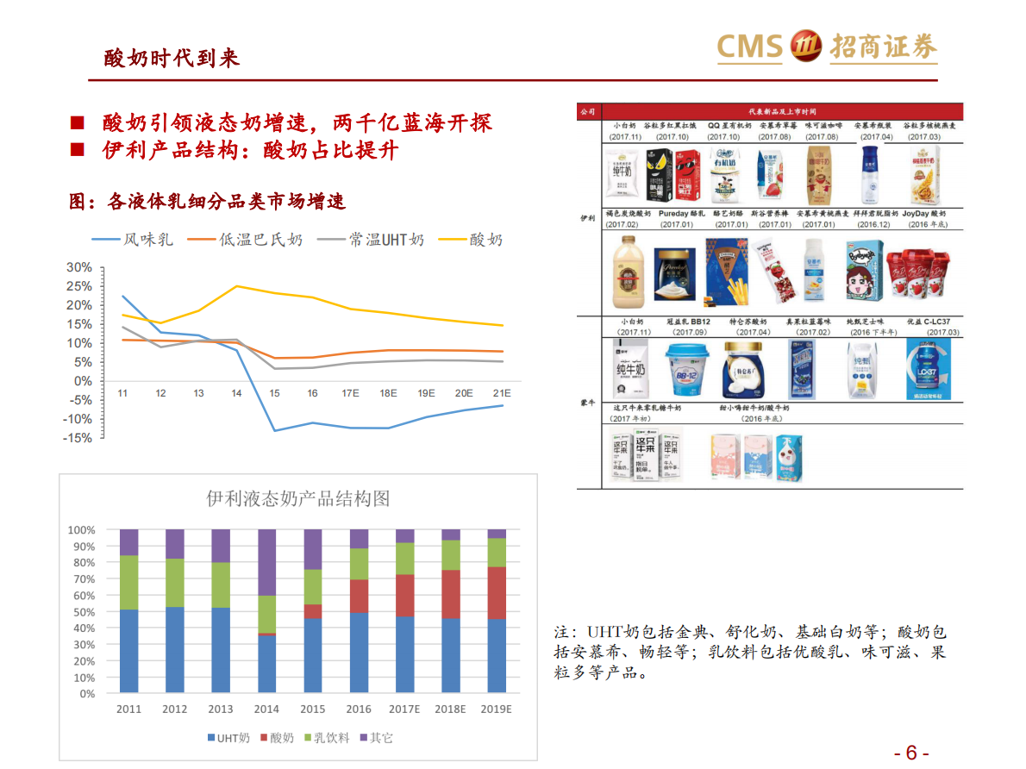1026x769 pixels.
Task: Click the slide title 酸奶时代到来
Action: pos(171,58)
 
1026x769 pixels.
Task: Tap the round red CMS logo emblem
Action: pos(805,46)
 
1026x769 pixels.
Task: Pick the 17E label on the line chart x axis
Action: pos(350,393)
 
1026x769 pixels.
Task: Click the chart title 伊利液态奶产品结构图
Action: pos(297,498)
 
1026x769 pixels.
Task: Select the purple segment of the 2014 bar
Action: pos(266,562)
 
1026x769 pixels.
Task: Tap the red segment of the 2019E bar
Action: pos(497,592)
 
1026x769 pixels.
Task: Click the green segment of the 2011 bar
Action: pos(128,582)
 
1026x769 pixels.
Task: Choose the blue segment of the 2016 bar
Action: pos(359,653)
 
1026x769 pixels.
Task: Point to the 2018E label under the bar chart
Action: pos(450,710)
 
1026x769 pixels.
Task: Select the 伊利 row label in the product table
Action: pos(587,218)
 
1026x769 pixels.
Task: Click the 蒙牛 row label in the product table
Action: pos(587,402)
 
